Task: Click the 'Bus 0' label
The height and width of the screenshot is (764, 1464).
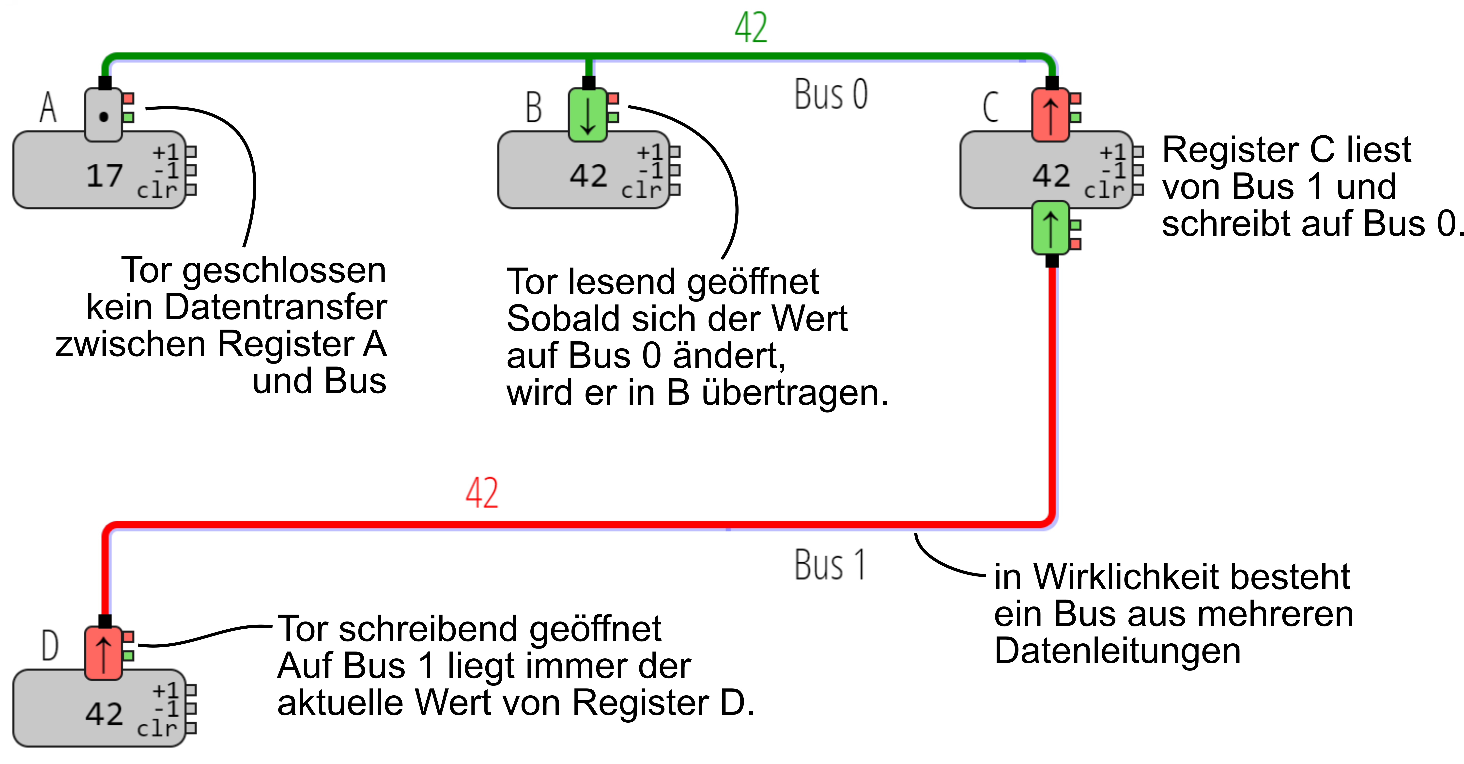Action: click(831, 94)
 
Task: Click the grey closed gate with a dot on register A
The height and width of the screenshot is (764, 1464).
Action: click(103, 115)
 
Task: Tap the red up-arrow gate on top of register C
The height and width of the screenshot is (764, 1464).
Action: click(1051, 115)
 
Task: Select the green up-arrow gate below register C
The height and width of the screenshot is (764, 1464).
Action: click(1051, 227)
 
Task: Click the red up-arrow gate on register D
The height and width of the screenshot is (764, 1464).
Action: click(103, 653)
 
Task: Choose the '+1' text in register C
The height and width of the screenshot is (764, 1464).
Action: click(1112, 152)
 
